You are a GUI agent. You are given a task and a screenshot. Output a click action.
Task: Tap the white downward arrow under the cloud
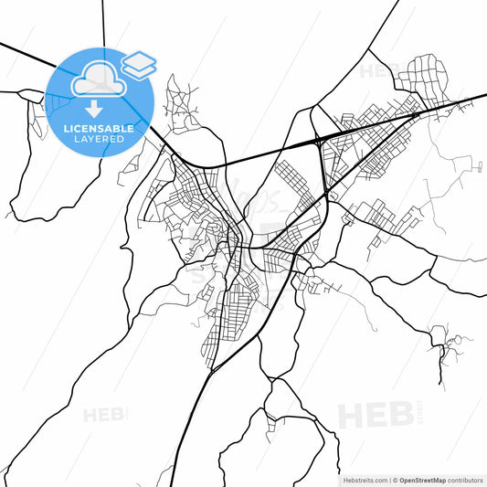[x=95, y=110]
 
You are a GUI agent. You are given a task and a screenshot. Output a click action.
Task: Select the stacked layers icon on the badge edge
[x=139, y=64]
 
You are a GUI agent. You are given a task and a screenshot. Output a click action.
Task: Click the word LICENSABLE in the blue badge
[x=98, y=129]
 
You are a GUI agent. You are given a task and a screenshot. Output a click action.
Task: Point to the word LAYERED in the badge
[x=98, y=140]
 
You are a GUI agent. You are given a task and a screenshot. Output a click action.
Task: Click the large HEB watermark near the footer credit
[x=375, y=417]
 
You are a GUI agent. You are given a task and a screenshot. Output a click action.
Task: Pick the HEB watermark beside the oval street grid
[x=379, y=70]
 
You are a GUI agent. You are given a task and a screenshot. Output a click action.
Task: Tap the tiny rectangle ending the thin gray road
[x=479, y=165]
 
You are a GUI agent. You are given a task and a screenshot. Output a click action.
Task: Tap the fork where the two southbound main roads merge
[x=212, y=365]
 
